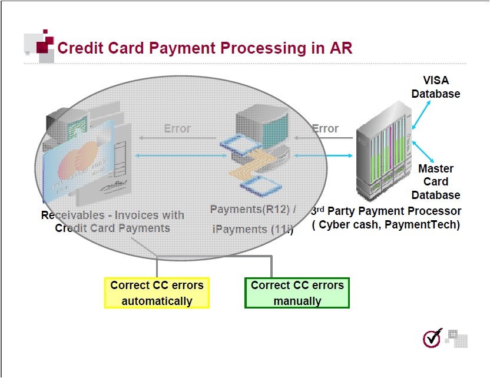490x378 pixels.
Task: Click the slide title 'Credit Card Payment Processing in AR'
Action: (204, 48)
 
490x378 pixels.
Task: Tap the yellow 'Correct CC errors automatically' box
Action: (157, 293)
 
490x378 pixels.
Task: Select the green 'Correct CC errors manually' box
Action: (297, 293)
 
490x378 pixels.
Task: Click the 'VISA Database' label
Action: (436, 87)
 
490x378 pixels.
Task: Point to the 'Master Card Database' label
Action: (436, 181)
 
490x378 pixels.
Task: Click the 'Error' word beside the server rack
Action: (325, 128)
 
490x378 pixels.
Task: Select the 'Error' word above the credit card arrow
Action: (177, 128)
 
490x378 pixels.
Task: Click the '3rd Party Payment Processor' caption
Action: (386, 211)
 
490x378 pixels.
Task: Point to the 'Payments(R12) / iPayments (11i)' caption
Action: (253, 219)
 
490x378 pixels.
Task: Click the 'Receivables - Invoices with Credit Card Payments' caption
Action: (112, 221)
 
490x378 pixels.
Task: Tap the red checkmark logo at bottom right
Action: (432, 338)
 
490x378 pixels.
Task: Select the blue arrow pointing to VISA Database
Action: (421, 113)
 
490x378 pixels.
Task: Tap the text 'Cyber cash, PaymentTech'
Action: (386, 225)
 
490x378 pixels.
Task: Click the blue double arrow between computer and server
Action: (324, 155)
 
